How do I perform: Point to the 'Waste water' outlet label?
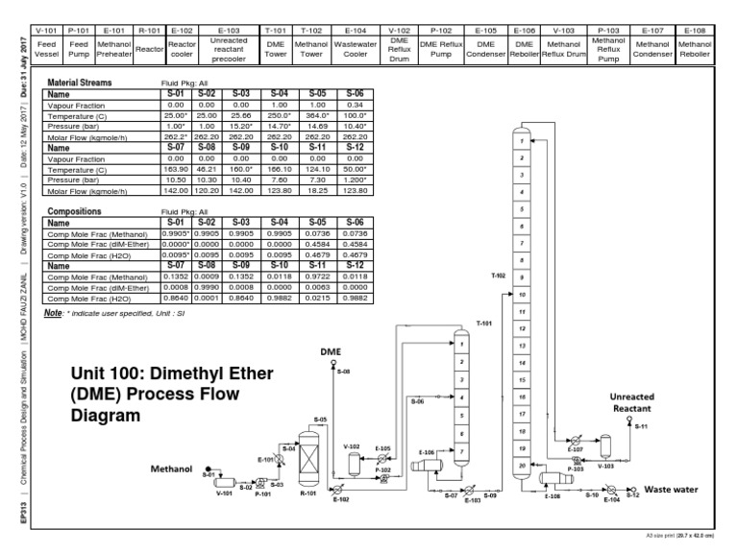(x=671, y=490)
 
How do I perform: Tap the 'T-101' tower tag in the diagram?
(x=483, y=323)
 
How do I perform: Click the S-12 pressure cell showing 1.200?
(x=356, y=179)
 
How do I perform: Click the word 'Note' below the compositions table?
(x=54, y=312)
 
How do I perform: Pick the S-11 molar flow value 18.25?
(x=322, y=190)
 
